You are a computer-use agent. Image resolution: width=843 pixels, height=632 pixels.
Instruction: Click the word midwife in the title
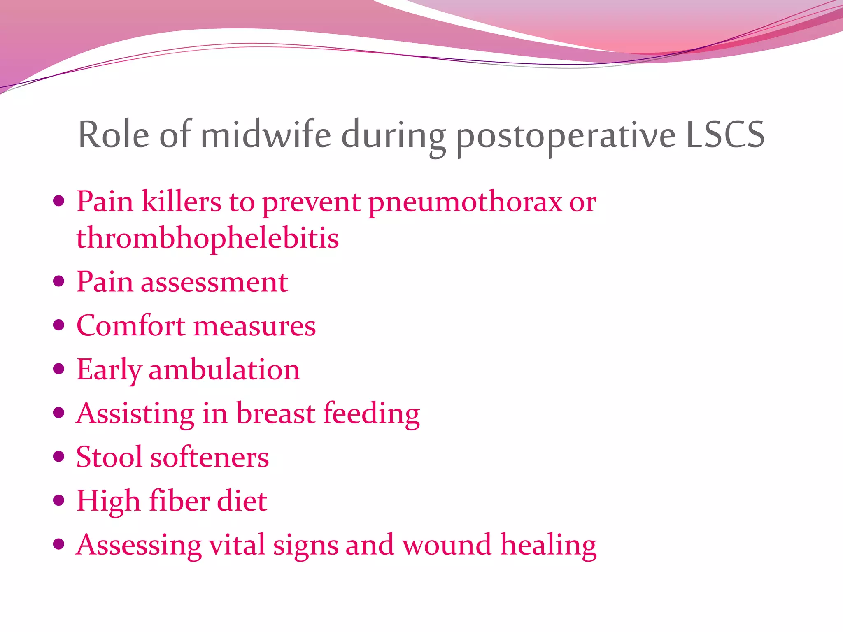click(266, 135)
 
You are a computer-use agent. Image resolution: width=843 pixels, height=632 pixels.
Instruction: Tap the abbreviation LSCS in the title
click(725, 135)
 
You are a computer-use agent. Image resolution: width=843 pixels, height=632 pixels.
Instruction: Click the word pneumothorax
click(465, 202)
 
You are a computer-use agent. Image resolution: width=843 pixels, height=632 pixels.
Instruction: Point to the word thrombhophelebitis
click(207, 238)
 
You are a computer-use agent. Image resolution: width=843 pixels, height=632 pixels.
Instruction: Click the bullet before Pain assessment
click(59, 281)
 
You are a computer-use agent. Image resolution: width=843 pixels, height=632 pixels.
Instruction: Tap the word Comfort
click(130, 325)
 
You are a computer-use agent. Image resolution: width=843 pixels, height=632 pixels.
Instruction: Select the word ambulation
click(224, 369)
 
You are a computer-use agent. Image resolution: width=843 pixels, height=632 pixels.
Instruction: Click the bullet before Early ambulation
click(59, 369)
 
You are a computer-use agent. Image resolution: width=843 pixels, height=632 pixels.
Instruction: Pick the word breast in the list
click(275, 413)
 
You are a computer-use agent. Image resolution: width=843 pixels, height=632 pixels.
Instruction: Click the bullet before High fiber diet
click(59, 500)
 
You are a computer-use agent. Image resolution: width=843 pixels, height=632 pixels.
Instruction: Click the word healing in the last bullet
click(548, 546)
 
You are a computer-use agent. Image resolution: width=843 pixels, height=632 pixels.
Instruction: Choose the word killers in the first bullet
click(181, 202)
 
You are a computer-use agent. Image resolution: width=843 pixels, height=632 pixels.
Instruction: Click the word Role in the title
click(114, 135)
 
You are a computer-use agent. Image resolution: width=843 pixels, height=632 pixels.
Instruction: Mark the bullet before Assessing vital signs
click(59, 544)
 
